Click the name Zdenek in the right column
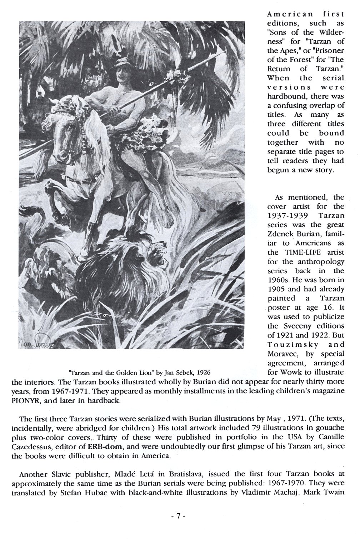click(x=281, y=234)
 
